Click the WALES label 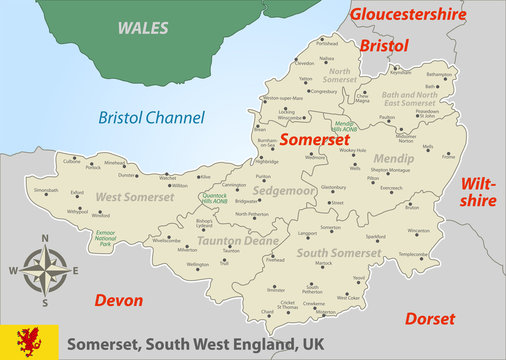[143, 28]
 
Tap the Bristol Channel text [151, 118]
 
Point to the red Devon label [118, 300]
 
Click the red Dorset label [431, 319]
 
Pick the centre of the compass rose [44, 268]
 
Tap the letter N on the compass [44, 238]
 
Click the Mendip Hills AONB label [345, 126]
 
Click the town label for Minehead [116, 162]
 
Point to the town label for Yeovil [359, 277]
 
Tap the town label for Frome [448, 156]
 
